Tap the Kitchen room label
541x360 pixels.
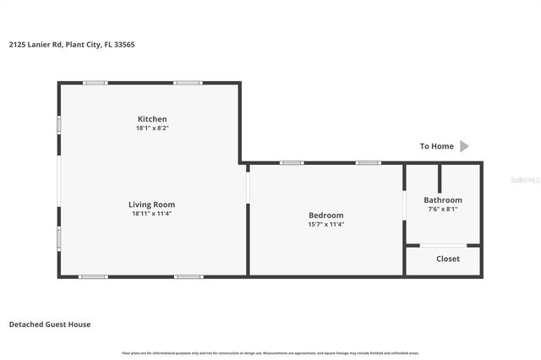click(152, 119)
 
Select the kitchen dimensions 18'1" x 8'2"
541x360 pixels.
click(152, 128)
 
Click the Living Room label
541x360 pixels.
click(152, 205)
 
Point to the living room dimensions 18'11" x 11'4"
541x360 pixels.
click(152, 214)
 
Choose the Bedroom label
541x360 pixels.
click(325, 215)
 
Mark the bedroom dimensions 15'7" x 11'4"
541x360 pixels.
click(325, 225)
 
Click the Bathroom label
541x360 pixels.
click(443, 200)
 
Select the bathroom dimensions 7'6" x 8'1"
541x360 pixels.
click(443, 209)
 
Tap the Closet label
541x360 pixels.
click(448, 259)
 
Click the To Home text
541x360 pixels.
click(437, 146)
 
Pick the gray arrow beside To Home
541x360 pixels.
click(464, 146)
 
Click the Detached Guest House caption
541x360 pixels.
click(50, 325)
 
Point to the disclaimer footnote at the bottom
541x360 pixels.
click(270, 352)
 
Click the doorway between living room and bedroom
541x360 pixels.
click(248, 187)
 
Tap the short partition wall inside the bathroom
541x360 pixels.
click(440, 177)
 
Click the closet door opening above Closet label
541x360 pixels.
click(444, 245)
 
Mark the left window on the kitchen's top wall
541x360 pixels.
click(96, 82)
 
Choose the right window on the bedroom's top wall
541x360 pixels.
click(367, 162)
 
